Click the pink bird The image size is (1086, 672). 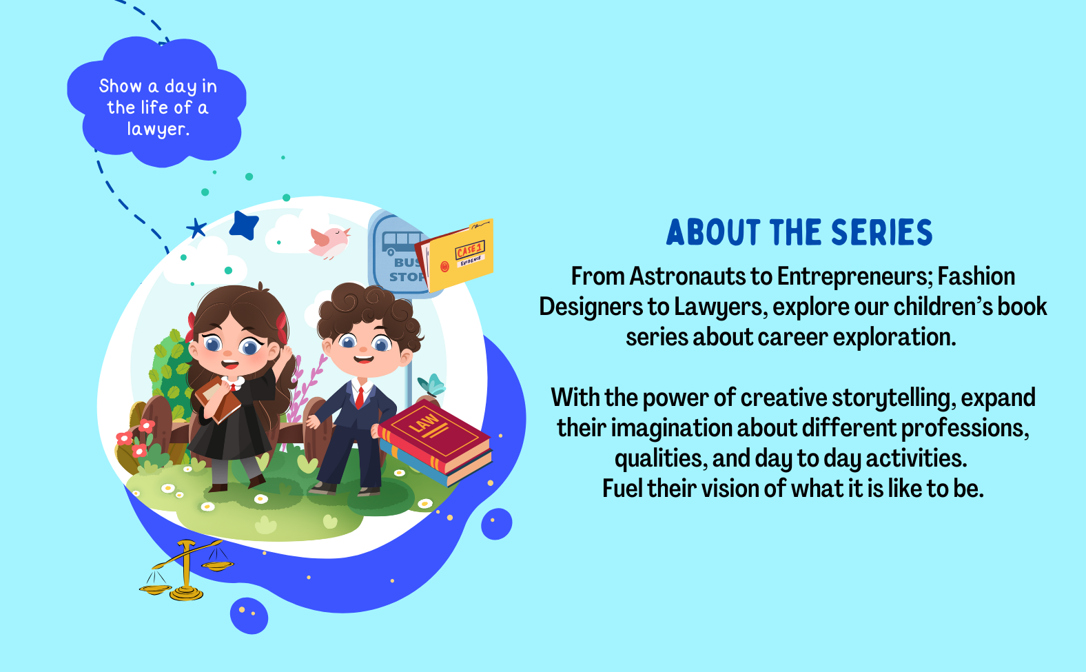point(329,242)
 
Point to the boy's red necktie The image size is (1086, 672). point(359,398)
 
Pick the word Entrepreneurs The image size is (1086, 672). point(854,277)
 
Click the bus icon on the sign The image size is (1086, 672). point(402,242)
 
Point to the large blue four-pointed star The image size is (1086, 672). point(243,225)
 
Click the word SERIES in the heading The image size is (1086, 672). point(882,232)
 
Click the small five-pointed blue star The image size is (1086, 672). point(196,228)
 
